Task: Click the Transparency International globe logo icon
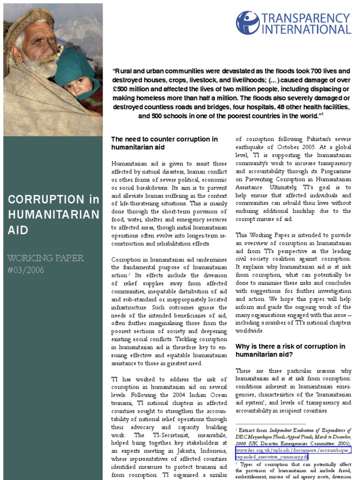point(247,23)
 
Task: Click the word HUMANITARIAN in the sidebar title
point(54,215)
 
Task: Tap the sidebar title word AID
point(18,230)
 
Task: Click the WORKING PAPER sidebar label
point(46,258)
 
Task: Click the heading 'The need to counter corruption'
point(164,139)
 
